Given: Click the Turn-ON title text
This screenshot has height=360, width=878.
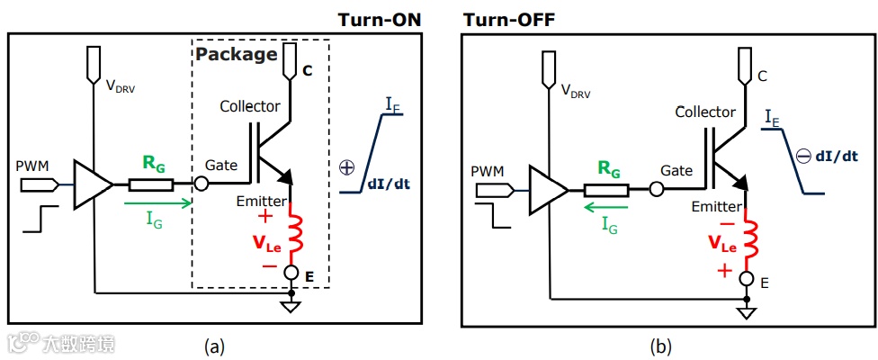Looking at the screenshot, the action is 379,20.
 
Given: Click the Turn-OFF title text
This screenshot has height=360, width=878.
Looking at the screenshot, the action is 508,20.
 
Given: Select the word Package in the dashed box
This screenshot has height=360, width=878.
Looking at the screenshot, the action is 236,54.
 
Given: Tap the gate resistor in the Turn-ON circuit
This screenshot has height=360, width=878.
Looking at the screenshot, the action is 151,184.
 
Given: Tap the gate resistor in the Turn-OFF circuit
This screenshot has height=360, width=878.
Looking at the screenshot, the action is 606,191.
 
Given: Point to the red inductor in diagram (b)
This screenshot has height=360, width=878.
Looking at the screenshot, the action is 750,237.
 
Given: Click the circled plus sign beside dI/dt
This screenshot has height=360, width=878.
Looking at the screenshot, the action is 348,166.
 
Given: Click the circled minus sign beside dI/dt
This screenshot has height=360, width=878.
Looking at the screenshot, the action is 803,157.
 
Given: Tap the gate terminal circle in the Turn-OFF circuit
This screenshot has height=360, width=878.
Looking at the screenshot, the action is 657,191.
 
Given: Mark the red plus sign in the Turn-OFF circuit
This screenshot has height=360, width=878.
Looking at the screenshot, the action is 725,272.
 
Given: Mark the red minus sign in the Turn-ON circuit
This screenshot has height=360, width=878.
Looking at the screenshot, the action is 269,265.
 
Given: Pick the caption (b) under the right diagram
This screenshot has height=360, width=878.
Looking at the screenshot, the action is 661,346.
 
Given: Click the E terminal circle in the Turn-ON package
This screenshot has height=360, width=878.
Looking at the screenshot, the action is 291,272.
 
